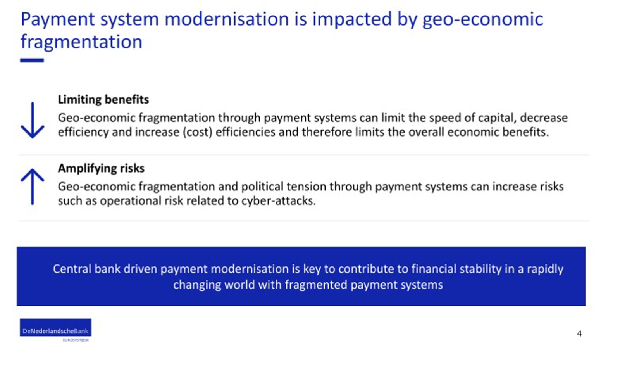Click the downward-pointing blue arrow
pyautogui.click(x=33, y=120)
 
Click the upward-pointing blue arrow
pyautogui.click(x=33, y=187)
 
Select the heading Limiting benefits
pyautogui.click(x=103, y=100)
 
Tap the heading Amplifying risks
pyautogui.click(x=101, y=168)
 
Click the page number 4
pyautogui.click(x=579, y=334)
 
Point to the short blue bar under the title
pyautogui.click(x=32, y=60)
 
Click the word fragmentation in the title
pyautogui.click(x=81, y=42)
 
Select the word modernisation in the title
pyautogui.click(x=227, y=19)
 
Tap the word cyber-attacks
pyautogui.click(x=279, y=200)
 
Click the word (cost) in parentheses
pyautogui.click(x=197, y=132)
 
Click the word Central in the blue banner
pyautogui.click(x=72, y=269)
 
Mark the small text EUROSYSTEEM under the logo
pyautogui.click(x=76, y=340)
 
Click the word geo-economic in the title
pyautogui.click(x=483, y=20)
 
